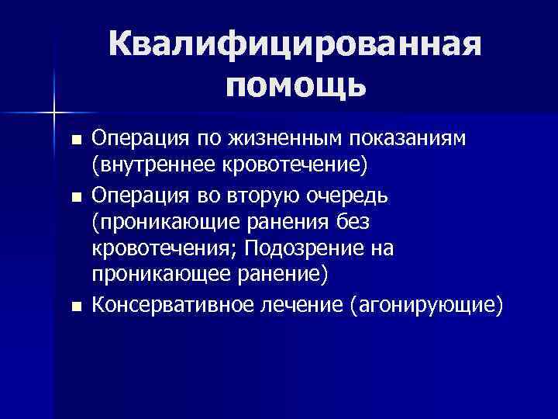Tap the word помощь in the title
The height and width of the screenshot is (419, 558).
point(296,85)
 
